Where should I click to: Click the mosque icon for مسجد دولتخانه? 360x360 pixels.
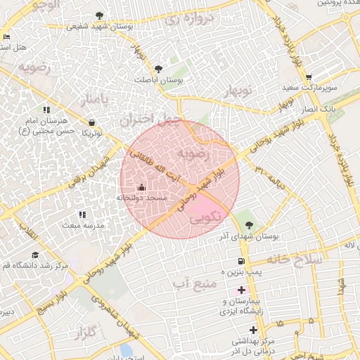(x=142, y=187)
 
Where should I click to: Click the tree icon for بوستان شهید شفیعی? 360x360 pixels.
(x=98, y=15)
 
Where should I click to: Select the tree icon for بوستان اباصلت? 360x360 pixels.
(x=157, y=69)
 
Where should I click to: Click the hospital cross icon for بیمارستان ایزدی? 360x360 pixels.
(x=242, y=290)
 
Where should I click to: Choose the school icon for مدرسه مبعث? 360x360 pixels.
(x=82, y=214)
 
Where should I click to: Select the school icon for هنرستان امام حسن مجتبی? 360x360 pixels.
(x=47, y=110)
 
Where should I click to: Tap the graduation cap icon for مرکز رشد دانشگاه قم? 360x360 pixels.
(x=34, y=255)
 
